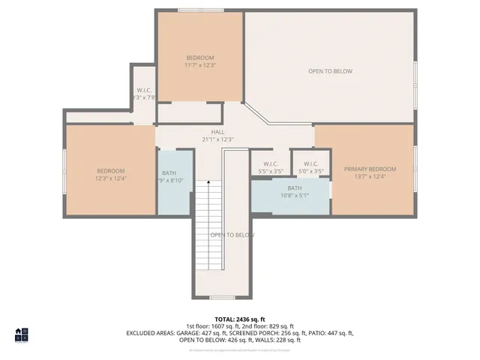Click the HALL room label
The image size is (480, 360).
tap(217, 132)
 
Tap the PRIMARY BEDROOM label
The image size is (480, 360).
tap(370, 169)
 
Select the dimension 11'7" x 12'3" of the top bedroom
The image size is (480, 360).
tap(200, 65)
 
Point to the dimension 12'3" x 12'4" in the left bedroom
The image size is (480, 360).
tap(109, 178)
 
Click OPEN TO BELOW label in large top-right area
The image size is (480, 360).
tap(330, 71)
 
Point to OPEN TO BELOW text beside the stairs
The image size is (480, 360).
tap(232, 235)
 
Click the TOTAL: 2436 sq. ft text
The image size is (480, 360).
tap(239, 319)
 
